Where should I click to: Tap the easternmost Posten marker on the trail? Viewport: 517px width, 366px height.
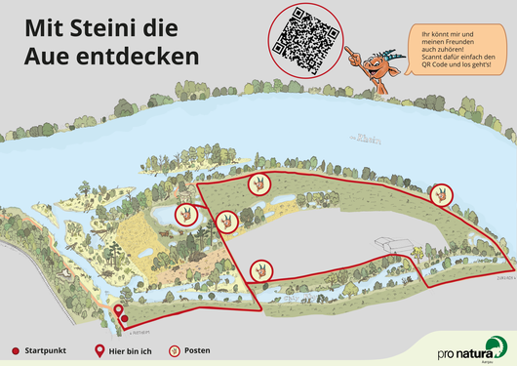click(x=441, y=193)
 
